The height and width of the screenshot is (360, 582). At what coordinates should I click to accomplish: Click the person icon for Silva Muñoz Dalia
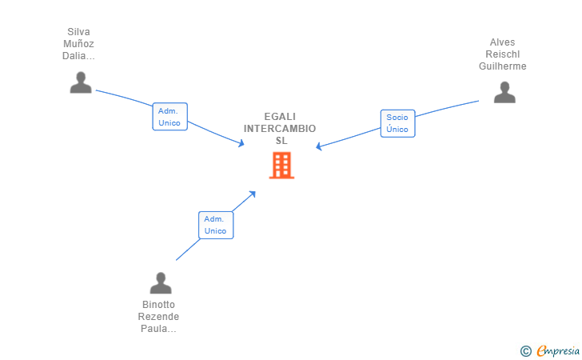coord(81,82)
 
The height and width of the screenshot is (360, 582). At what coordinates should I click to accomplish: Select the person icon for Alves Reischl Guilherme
coord(504,93)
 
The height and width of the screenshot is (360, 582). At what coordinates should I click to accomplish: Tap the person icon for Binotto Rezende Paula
coord(161,283)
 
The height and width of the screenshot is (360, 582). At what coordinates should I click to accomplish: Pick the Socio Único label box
coord(397,123)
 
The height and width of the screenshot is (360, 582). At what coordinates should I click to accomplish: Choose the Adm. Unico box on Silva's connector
coord(169,117)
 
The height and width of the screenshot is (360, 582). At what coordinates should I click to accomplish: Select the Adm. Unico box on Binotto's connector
coord(215,225)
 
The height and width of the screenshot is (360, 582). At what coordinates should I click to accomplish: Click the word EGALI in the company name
coord(280,116)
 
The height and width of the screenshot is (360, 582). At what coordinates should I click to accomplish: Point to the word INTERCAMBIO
coord(280,128)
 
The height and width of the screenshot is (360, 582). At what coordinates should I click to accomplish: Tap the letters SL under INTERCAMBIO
coord(281,140)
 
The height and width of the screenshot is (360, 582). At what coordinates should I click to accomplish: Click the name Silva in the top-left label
coord(78,32)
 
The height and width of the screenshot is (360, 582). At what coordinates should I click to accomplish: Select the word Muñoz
coord(78,44)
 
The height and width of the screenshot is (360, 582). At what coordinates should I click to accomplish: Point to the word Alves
coord(503,42)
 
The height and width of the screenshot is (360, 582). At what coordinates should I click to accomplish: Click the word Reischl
coord(503,54)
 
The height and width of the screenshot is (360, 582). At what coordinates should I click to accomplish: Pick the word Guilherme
coord(503,66)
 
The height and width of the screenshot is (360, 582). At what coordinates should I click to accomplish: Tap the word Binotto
coord(158,305)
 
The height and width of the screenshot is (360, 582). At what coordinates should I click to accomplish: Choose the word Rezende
coord(158,317)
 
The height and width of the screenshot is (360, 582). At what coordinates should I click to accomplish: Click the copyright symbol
coord(525,350)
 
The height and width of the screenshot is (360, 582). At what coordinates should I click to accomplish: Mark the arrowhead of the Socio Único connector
coord(318,147)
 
